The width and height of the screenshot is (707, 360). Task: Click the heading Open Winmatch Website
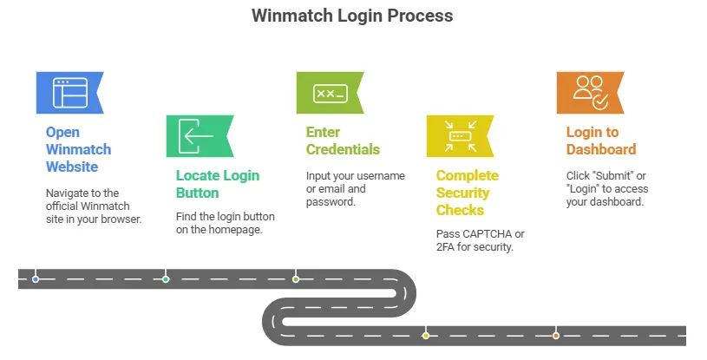click(x=78, y=149)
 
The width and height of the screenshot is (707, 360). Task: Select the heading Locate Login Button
click(x=217, y=184)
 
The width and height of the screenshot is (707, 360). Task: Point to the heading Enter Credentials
click(x=343, y=141)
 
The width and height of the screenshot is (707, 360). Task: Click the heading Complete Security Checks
click(x=467, y=193)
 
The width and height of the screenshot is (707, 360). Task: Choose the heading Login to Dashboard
click(x=600, y=141)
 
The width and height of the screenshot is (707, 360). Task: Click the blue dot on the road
click(x=36, y=279)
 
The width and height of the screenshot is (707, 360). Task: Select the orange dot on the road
click(x=556, y=335)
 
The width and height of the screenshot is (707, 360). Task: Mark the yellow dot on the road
click(x=425, y=335)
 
